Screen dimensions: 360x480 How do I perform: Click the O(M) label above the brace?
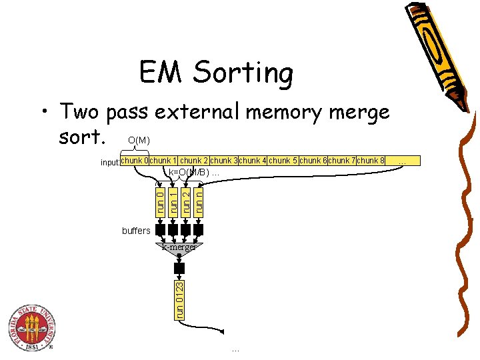point(139,141)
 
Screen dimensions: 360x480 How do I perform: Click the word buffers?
point(136,231)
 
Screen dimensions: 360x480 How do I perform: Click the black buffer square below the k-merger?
point(179,268)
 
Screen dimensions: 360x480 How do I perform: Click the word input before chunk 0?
point(109,162)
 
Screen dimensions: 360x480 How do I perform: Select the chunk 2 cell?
point(194,161)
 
